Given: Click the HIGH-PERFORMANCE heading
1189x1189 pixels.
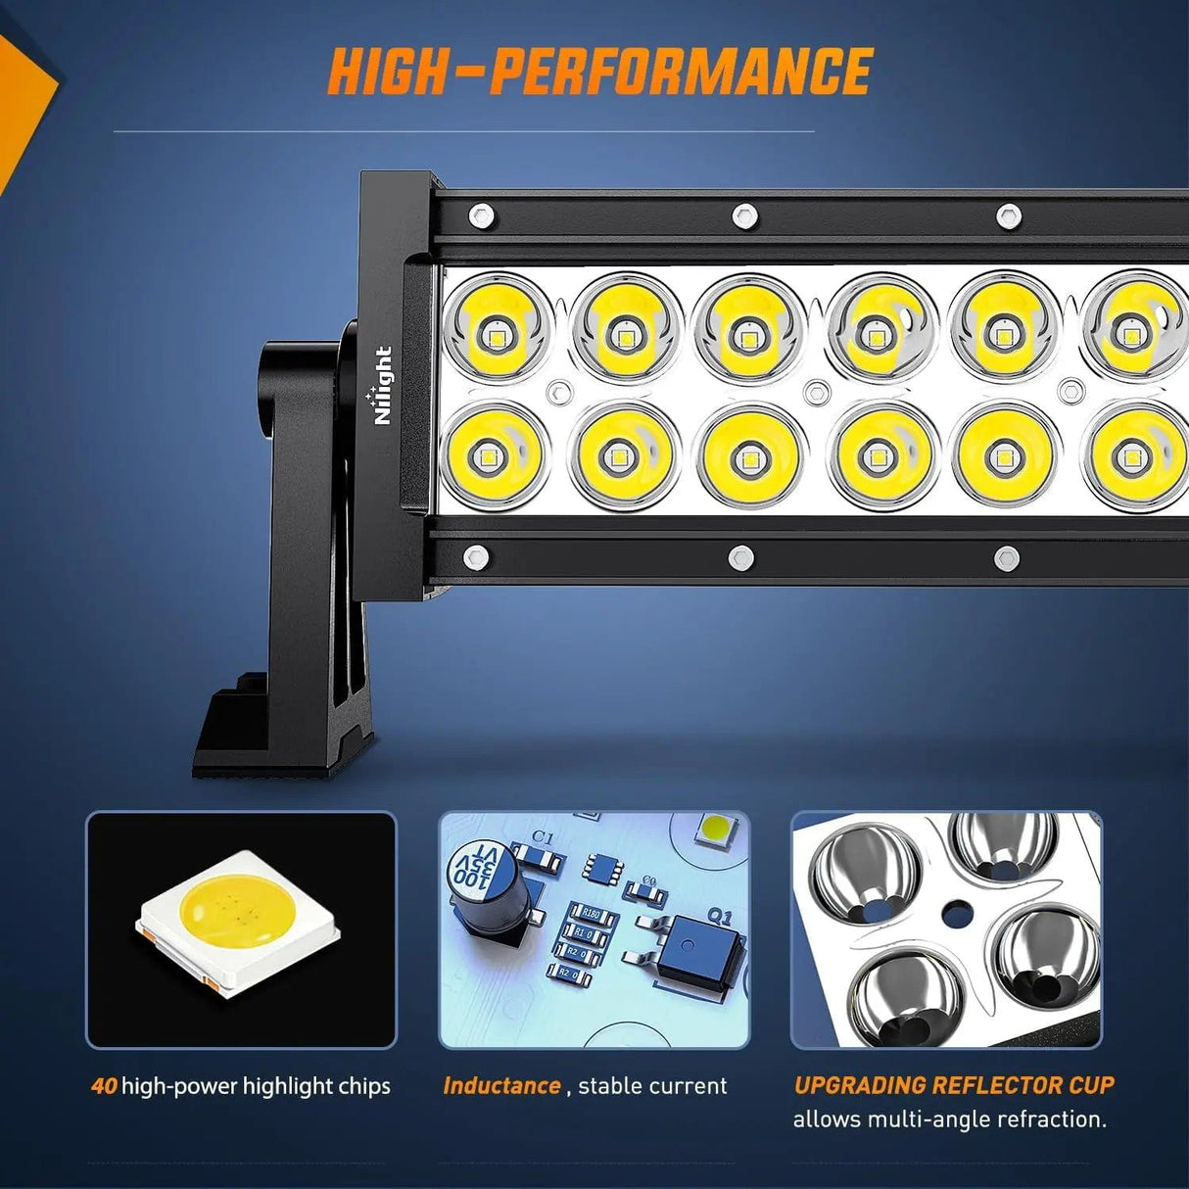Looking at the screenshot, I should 599,71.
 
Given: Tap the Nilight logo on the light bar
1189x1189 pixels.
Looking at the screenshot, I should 382,385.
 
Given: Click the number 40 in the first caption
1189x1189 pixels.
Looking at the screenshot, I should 104,1086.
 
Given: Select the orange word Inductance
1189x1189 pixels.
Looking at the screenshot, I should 501,1086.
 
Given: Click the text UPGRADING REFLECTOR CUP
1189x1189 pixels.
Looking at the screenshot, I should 954,1085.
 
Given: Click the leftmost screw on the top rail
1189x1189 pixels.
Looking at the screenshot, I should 480,215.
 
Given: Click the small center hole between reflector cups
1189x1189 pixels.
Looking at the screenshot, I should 950,918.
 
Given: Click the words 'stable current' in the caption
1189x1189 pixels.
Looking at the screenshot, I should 652,1086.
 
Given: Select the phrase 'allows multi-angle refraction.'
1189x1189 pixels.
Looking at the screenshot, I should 949,1118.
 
